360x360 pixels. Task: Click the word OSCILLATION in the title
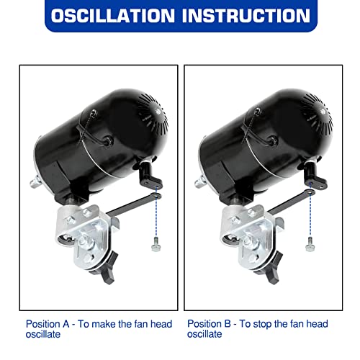click(112, 16)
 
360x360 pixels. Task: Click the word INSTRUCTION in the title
click(246, 16)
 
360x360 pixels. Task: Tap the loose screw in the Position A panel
click(156, 244)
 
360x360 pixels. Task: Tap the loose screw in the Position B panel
click(310, 244)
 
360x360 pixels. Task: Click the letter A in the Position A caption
click(66, 324)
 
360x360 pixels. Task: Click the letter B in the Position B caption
click(228, 324)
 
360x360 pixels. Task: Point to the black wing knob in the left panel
click(106, 269)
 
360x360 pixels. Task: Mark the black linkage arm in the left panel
click(134, 204)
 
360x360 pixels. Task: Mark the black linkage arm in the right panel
click(291, 202)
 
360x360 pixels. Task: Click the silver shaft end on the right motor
click(200, 182)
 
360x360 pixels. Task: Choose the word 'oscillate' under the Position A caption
click(43, 334)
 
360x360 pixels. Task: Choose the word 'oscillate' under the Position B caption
click(204, 334)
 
